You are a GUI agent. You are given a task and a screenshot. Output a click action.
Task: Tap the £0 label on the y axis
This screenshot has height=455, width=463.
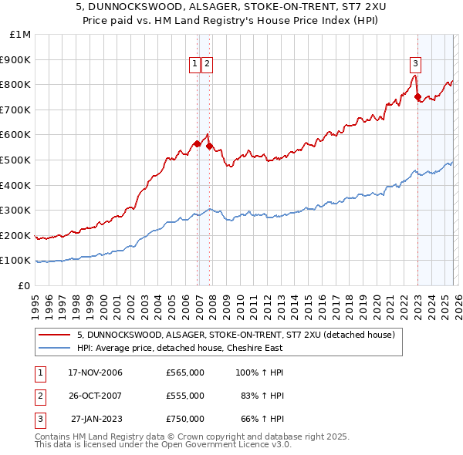pyautogui.click(x=24, y=285)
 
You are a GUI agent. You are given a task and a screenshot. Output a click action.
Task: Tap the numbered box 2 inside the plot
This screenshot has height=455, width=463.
pyautogui.click(x=208, y=64)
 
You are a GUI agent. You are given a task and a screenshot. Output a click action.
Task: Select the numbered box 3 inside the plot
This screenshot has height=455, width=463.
pyautogui.click(x=415, y=64)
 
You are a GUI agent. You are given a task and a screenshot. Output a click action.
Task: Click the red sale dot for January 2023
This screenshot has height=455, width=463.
pyautogui.click(x=417, y=97)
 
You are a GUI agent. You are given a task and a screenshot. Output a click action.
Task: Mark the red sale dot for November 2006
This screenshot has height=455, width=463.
pyautogui.click(x=198, y=143)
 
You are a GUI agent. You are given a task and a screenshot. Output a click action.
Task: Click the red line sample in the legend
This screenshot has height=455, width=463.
pyautogui.click(x=54, y=335)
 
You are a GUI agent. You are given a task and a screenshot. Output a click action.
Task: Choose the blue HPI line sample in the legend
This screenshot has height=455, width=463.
pyautogui.click(x=54, y=348)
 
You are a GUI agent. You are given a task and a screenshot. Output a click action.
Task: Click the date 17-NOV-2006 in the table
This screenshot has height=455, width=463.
pyautogui.click(x=96, y=372)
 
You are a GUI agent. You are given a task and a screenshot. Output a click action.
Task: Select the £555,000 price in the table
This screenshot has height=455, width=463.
pyautogui.click(x=185, y=396)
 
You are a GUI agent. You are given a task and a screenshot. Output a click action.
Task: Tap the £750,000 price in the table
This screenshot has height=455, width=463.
pyautogui.click(x=185, y=419)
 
